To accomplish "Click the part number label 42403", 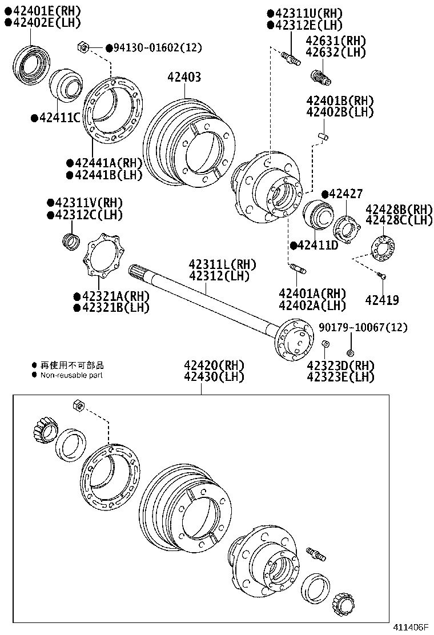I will coord(184,77).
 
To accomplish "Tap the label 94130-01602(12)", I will coord(158,47).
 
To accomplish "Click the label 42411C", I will coord(59,118).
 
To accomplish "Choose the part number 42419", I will coord(382,300).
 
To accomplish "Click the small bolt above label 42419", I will coord(382,276).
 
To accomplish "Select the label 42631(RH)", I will coord(335,41).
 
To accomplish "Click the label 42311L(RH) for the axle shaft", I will coord(223,265).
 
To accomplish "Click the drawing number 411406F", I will coord(409,627).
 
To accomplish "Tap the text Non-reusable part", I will coord(71,375).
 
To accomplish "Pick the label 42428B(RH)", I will coord(399,208).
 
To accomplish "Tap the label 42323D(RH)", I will coord(340,365).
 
